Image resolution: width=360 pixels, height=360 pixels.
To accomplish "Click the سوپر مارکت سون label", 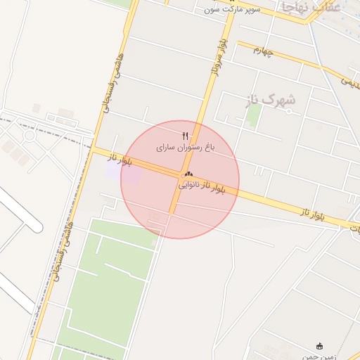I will [232, 9].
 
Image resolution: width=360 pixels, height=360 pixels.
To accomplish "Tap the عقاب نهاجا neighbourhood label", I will [310, 7].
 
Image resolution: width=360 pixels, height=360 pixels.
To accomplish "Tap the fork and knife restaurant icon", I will [186, 135].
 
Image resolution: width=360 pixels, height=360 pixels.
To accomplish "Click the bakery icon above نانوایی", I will [188, 174].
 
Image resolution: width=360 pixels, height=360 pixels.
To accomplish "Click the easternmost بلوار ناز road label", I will [312, 210].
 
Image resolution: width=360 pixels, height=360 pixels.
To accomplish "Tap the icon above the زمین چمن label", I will [321, 345].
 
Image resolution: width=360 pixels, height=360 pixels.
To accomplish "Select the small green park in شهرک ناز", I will [254, 114].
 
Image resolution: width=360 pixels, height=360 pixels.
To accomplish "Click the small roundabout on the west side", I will [29, 135].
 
